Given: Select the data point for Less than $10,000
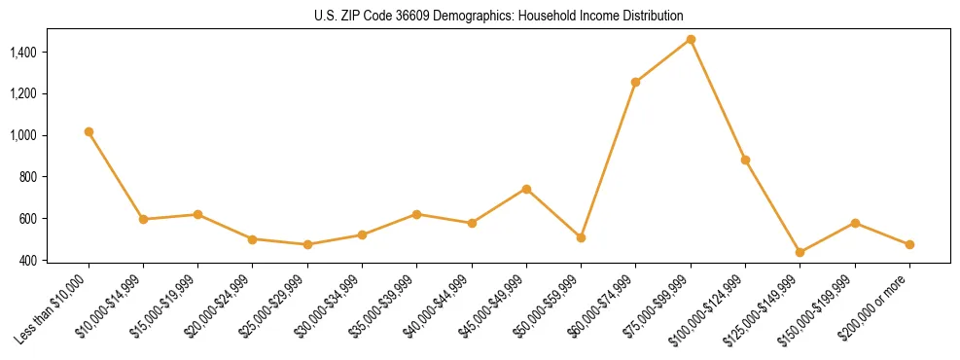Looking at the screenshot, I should coord(89,131).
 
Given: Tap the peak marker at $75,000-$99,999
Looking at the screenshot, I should coord(691,39).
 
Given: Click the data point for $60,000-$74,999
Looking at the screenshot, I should coord(635,82).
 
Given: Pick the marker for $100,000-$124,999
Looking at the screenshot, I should coord(745,160).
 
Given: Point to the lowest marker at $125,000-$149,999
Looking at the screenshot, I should coord(800,252).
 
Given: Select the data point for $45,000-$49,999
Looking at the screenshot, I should coord(526,189).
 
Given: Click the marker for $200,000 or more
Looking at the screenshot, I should coord(909,244).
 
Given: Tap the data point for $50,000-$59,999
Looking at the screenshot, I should coord(581,237).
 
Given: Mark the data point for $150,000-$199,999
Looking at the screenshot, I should coord(855,223).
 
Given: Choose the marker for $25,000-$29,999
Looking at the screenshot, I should coord(307,244).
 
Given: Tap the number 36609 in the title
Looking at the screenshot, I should coord(423,16).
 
